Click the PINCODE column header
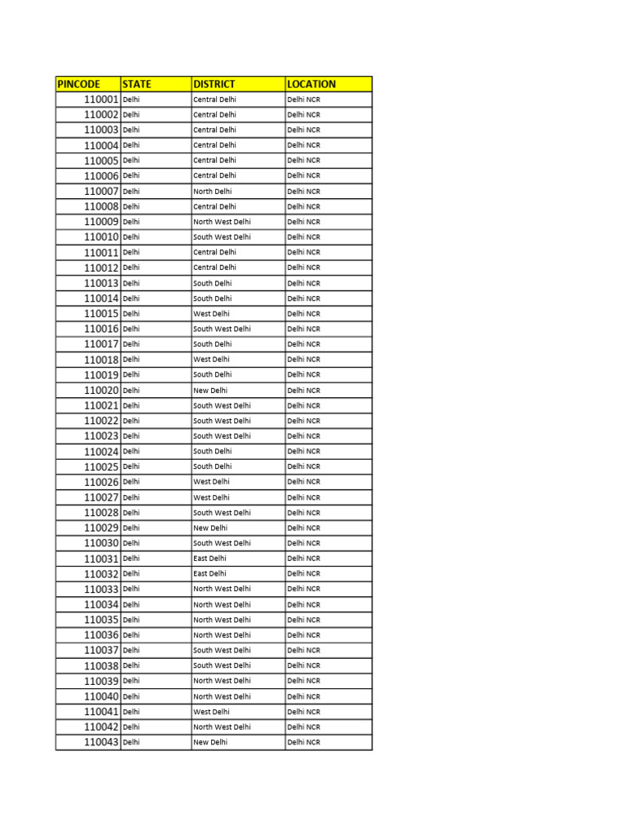[78, 84]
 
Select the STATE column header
[137, 84]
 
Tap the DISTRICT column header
[214, 84]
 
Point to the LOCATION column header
[311, 84]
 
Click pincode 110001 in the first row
[101, 99]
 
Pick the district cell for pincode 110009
[222, 222]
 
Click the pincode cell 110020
[101, 391]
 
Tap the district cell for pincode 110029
[210, 528]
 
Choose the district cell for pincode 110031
[209, 559]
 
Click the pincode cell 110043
[101, 742]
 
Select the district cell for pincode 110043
[210, 742]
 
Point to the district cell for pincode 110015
[211, 314]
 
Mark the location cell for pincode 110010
[304, 237]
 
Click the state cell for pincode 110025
[131, 466]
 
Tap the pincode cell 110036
[101, 635]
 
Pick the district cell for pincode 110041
[211, 712]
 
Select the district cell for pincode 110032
[209, 574]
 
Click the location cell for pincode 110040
[304, 696]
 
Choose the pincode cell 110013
[101, 283]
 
